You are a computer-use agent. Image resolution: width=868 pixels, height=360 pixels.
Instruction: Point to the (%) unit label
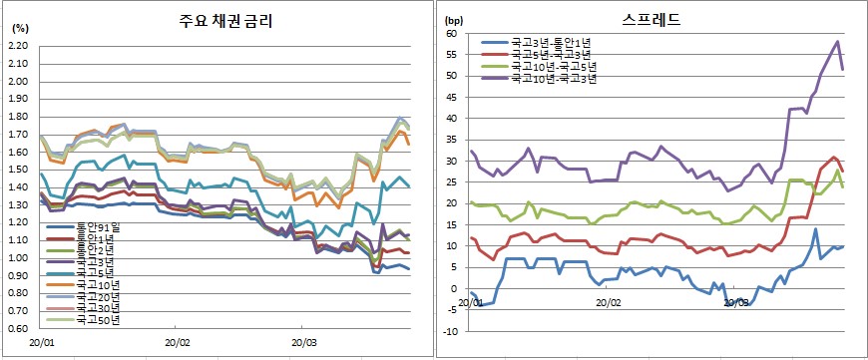click(19, 30)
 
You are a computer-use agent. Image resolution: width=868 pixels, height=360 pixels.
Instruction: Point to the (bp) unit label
click(454, 20)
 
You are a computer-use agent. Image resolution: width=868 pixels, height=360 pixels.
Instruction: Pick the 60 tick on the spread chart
click(451, 34)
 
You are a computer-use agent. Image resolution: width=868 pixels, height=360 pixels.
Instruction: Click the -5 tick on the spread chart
click(452, 309)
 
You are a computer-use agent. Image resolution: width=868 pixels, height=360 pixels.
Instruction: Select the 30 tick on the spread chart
click(451, 161)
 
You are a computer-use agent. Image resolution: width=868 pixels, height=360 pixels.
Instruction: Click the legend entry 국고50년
click(96, 319)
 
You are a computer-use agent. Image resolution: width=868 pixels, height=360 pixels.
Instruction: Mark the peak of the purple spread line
click(837, 41)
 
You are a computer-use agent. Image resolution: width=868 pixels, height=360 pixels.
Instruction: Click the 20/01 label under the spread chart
click(472, 301)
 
